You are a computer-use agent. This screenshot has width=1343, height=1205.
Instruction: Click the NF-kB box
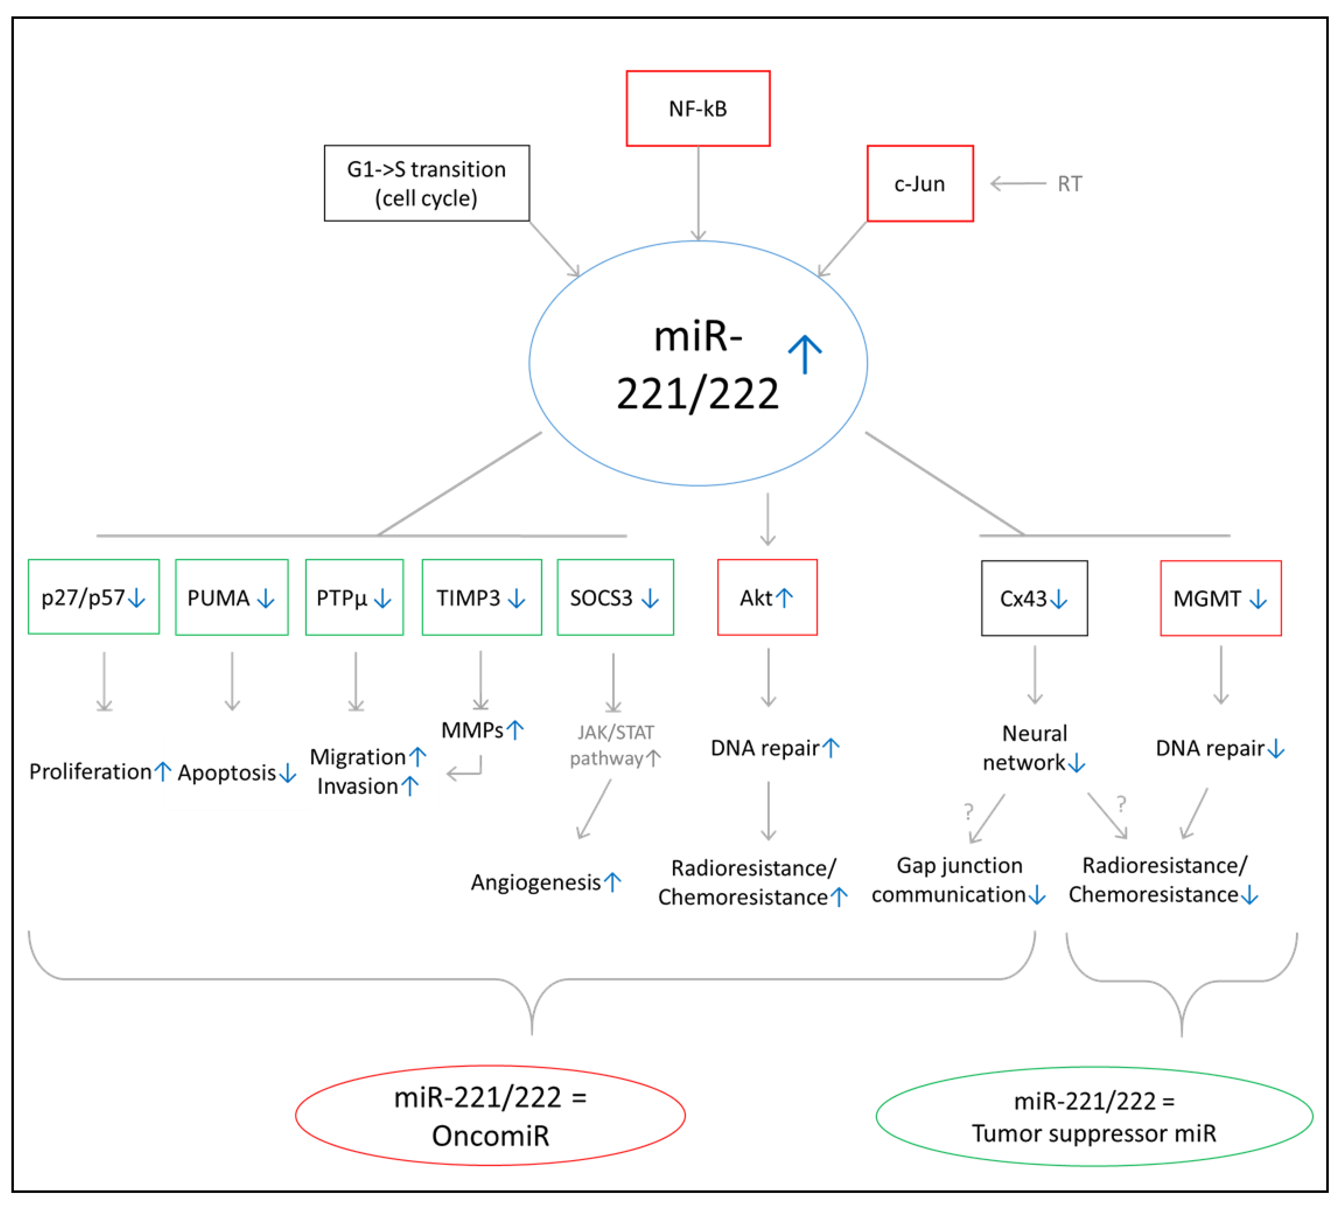pyautogui.click(x=698, y=109)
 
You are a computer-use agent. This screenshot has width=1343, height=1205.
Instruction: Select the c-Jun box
pyautogui.click(x=920, y=183)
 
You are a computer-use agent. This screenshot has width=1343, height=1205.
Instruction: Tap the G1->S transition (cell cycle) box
pyautogui.click(x=426, y=183)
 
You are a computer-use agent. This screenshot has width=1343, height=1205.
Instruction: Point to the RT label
pyautogui.click(x=1069, y=184)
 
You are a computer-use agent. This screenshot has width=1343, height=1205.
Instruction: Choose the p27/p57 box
pyautogui.click(x=93, y=597)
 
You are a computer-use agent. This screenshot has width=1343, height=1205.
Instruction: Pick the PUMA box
pyautogui.click(x=232, y=597)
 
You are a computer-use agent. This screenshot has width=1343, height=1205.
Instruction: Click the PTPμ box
pyautogui.click(x=354, y=597)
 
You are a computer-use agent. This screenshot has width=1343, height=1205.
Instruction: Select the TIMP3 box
pyautogui.click(x=481, y=597)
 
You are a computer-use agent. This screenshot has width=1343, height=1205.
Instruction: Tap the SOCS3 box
pyautogui.click(x=615, y=597)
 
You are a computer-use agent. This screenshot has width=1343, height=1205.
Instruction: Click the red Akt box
pyautogui.click(x=767, y=597)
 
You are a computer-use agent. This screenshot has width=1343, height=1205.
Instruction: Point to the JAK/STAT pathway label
pyautogui.click(x=615, y=745)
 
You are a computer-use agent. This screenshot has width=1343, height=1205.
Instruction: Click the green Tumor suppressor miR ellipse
pyautogui.click(x=1094, y=1116)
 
